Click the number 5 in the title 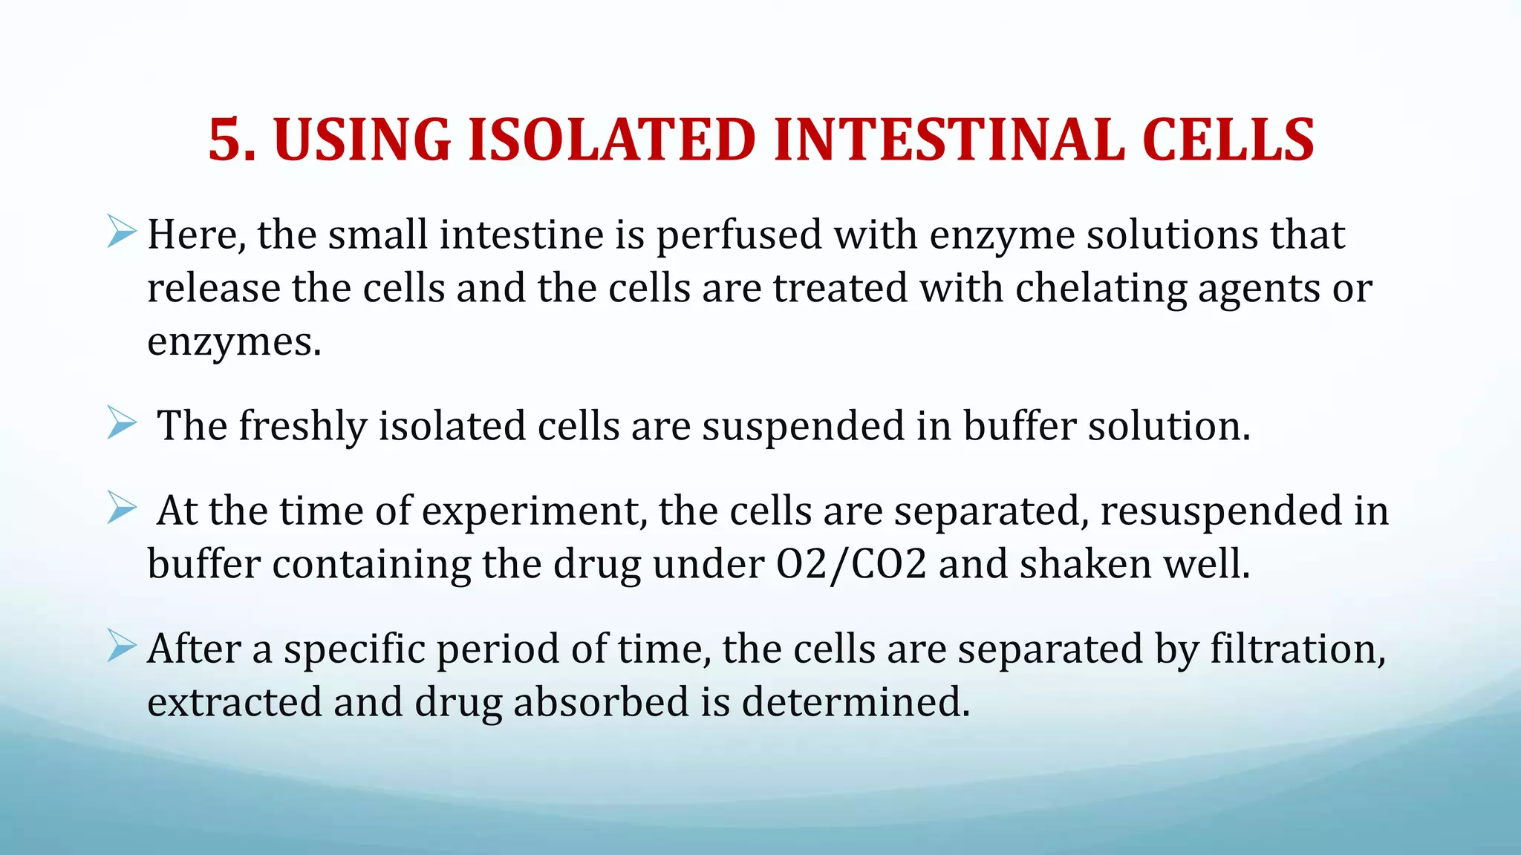[225, 140]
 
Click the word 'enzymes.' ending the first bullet [234, 342]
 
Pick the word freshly [302, 427]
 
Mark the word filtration [1297, 649]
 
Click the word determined [856, 702]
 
